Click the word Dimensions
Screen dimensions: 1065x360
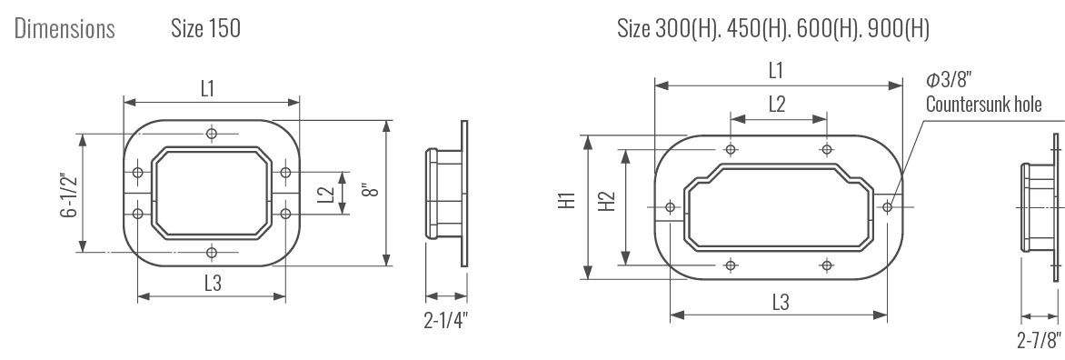(x=65, y=28)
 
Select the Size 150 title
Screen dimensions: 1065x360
(x=205, y=28)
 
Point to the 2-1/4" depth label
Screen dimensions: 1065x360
(x=446, y=320)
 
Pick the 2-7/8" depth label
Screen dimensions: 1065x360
(x=1040, y=339)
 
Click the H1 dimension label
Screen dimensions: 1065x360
(x=567, y=200)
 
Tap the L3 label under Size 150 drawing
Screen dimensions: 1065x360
(x=214, y=283)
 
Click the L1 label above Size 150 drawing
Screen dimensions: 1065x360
(x=208, y=88)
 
